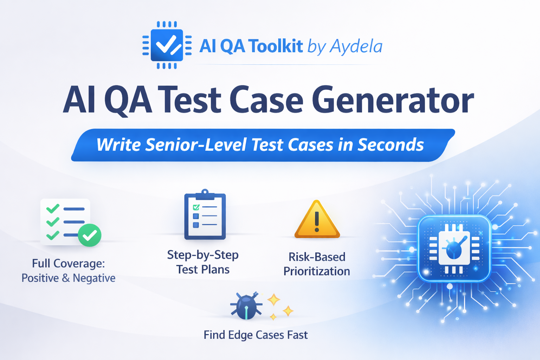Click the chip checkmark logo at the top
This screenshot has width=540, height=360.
tap(167, 45)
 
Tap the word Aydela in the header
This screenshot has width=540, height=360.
tap(356, 46)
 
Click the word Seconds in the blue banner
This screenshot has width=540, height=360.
tap(391, 145)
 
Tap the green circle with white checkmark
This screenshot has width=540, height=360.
tap(90, 235)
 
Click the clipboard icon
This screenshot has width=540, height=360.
tap(205, 216)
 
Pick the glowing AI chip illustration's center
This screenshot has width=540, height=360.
tap(454, 249)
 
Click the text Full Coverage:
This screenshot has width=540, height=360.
tap(69, 263)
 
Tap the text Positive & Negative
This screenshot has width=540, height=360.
tap(69, 278)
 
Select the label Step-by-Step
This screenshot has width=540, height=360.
tap(203, 255)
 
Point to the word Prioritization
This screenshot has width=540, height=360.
tap(317, 271)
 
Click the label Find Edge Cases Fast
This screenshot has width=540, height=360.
tap(256, 335)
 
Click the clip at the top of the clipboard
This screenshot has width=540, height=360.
tap(205, 193)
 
